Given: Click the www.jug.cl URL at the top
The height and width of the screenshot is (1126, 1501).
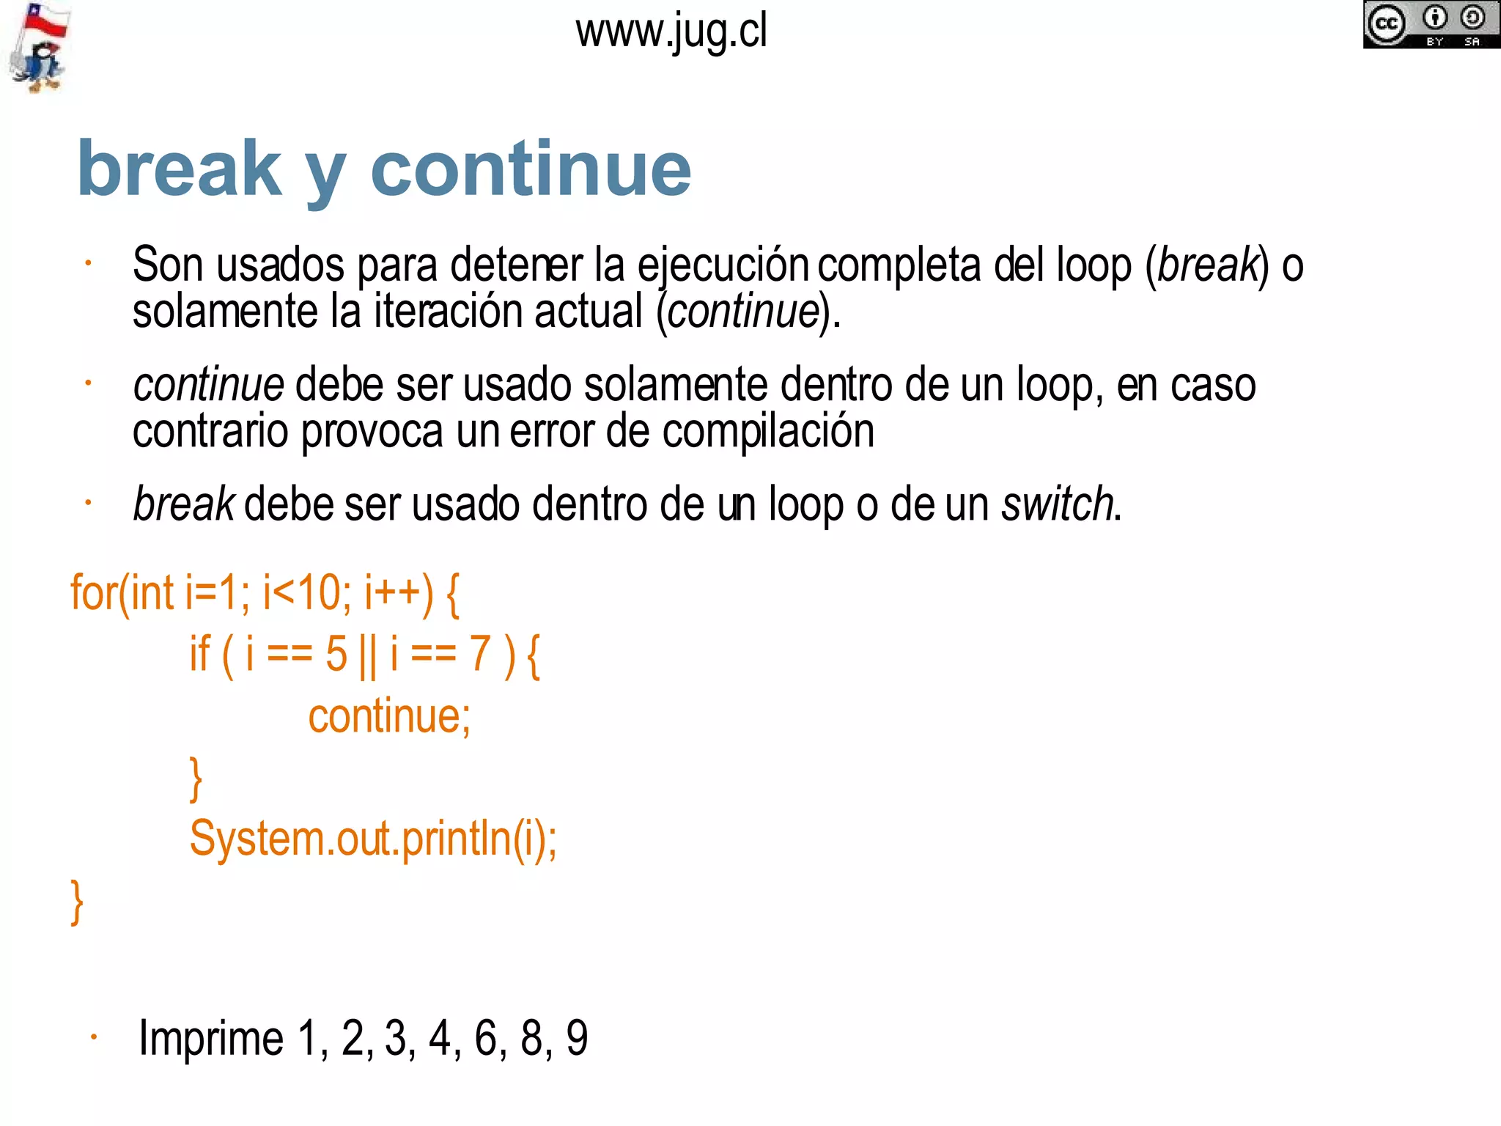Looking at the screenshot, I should pyautogui.click(x=671, y=32).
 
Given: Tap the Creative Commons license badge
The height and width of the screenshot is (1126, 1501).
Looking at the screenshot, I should pyautogui.click(x=1430, y=25).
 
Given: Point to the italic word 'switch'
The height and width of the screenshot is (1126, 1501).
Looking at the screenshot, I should pyautogui.click(x=1058, y=504).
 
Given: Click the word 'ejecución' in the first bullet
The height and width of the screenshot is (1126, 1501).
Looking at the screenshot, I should pyautogui.click(x=723, y=265).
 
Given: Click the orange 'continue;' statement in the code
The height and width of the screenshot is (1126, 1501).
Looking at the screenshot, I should pyautogui.click(x=389, y=716).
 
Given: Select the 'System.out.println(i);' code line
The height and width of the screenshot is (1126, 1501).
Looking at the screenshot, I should pyautogui.click(x=373, y=838).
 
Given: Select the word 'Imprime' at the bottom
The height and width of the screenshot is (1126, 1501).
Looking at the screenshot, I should pyautogui.click(x=211, y=1038).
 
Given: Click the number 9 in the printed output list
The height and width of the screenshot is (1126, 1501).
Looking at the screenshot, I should pyautogui.click(x=577, y=1038).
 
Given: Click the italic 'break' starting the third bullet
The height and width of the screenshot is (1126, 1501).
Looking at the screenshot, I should pyautogui.click(x=183, y=504).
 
